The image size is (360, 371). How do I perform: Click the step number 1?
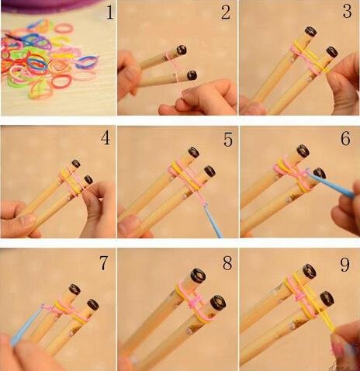pyautogui.click(x=110, y=12)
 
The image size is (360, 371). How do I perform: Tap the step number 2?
pyautogui.click(x=226, y=12)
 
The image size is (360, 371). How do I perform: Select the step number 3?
pyautogui.click(x=347, y=11)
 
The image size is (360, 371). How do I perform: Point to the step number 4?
pyautogui.click(x=106, y=138)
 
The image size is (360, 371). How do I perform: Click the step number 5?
pyautogui.click(x=228, y=140)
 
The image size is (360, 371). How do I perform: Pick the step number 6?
pyautogui.click(x=346, y=138)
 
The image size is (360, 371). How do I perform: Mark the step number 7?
pyautogui.click(x=104, y=263)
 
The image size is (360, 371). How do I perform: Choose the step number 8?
pyautogui.click(x=227, y=263)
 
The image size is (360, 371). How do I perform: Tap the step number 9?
pyautogui.click(x=345, y=264)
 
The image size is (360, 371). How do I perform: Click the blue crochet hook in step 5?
pyautogui.click(x=213, y=220)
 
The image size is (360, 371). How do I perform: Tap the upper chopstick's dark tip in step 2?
pyautogui.click(x=182, y=50)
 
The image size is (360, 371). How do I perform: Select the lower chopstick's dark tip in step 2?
pyautogui.click(x=192, y=75)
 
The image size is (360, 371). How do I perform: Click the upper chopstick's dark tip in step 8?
pyautogui.click(x=198, y=276)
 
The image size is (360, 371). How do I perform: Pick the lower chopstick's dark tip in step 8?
pyautogui.click(x=218, y=303)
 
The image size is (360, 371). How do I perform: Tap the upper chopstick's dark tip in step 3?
pyautogui.click(x=311, y=32)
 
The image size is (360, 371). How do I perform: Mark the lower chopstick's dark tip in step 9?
pyautogui.click(x=327, y=298)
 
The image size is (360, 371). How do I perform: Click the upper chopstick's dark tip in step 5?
pyautogui.click(x=194, y=152)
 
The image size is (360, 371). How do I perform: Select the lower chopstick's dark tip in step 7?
pyautogui.click(x=93, y=304)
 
